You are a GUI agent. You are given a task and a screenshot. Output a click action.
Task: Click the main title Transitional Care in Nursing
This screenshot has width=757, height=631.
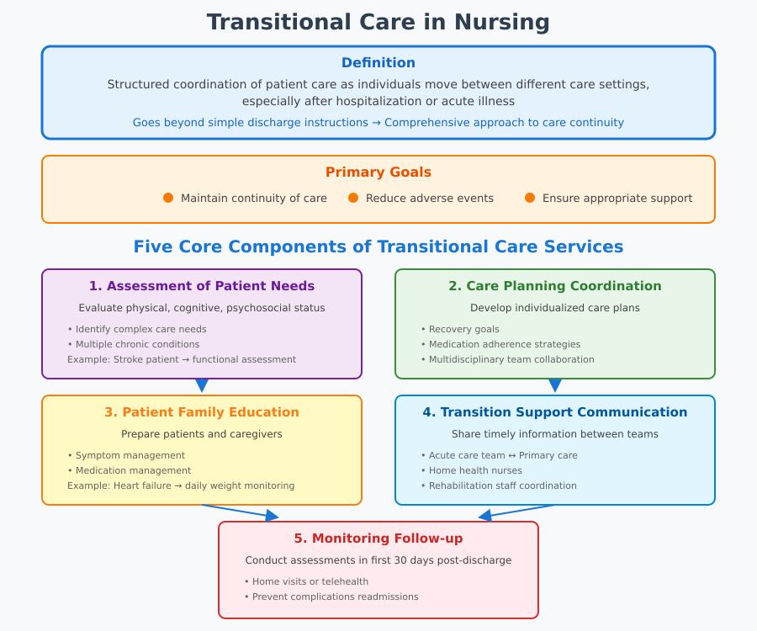378,22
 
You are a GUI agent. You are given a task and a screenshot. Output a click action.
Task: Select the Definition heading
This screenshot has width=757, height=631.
378,63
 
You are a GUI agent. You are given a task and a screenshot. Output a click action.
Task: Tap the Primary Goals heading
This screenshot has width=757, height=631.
378,172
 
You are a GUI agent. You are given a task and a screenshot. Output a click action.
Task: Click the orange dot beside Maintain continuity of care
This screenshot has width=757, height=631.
168,198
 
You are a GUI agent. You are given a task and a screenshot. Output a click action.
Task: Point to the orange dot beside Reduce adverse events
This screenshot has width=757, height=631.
353,198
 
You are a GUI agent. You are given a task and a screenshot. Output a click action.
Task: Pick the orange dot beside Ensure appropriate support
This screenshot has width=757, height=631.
530,198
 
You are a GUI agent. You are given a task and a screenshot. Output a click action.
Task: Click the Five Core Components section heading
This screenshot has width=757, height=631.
378,247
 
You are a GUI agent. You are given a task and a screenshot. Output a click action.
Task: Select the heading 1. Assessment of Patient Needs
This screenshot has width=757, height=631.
202,286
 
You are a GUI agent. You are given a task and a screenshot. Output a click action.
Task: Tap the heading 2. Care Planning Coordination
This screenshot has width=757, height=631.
555,286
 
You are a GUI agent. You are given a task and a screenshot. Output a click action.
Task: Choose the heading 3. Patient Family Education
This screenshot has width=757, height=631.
202,412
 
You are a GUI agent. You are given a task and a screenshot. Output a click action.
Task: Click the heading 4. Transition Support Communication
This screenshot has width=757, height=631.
555,412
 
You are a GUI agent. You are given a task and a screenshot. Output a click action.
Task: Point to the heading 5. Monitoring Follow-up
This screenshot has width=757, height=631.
378,538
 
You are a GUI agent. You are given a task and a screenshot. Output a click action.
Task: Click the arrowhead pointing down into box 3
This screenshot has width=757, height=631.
202,386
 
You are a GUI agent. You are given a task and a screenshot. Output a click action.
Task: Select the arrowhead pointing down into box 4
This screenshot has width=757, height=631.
555,386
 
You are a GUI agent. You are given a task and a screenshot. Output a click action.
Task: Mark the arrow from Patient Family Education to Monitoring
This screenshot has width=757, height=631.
240,512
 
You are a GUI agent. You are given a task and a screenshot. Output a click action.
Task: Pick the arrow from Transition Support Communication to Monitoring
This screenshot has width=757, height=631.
517,512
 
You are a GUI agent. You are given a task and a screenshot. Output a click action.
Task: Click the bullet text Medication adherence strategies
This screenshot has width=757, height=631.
505,344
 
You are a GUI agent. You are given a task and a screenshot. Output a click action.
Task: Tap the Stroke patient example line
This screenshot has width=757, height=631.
182,359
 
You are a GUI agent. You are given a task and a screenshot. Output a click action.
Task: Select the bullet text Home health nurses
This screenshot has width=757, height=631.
475,470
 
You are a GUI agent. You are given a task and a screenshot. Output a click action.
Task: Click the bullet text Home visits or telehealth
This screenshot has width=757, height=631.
310,581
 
